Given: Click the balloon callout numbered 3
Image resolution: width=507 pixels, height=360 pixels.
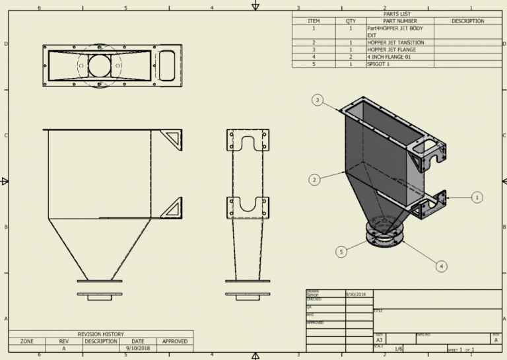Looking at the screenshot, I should pos(318,100).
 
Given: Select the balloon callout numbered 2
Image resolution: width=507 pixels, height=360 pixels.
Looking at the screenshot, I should pos(315,179).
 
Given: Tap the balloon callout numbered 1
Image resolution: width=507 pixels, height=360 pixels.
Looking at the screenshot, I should pos(477,196).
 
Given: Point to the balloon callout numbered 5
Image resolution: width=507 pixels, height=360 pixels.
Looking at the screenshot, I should pos(341,252).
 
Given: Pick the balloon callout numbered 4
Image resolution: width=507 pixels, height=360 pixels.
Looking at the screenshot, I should pos(442,266).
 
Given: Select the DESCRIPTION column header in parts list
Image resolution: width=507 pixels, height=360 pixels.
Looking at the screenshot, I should pos(467,21).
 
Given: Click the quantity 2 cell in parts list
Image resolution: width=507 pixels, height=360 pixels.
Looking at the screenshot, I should pos(350,57).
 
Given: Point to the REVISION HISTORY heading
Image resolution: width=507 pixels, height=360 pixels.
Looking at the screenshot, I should pos(100,334).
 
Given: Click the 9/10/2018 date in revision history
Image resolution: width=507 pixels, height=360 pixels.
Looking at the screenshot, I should pos(137,349).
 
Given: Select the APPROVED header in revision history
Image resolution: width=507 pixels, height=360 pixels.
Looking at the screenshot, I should pos(174,342).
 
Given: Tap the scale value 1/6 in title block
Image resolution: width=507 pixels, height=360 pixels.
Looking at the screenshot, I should pos(399,349).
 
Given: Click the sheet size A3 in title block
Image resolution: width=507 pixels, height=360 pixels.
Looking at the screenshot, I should pos(380,340).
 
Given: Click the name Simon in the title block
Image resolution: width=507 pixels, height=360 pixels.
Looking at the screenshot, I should pos(312,295).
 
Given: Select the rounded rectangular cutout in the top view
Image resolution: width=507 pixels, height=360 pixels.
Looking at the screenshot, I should pos(166,66).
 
